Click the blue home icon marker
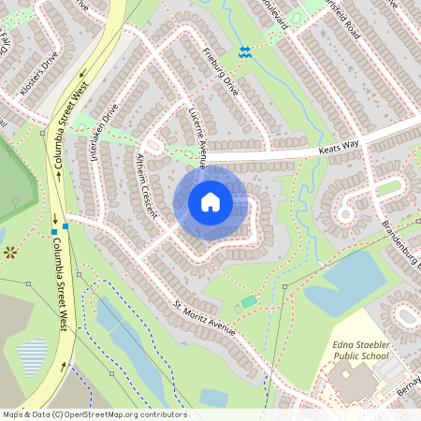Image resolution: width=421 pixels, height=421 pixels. (210, 202)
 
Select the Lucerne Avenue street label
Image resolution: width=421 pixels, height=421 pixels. (197, 138)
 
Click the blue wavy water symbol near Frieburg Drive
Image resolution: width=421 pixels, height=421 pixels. (244, 52)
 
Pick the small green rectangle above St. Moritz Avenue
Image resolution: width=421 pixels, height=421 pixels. (248, 301)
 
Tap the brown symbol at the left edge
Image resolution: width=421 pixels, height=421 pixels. (10, 251)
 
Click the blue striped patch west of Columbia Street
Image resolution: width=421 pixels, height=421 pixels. (32, 355)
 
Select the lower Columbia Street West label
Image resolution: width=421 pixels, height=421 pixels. (58, 283)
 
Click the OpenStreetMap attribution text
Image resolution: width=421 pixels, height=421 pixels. (94, 414)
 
